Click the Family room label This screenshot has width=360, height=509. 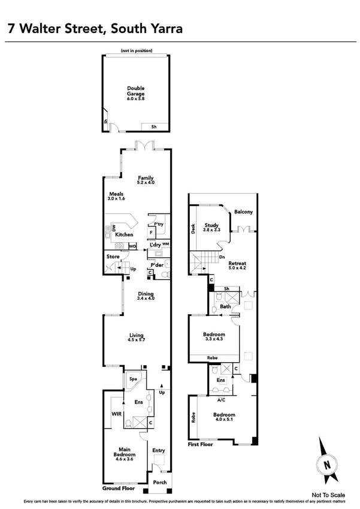(146, 178)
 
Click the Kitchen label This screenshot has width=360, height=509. (123, 234)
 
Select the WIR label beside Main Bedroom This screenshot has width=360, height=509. (116, 414)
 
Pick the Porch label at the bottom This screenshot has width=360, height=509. (160, 482)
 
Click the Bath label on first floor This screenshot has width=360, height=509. (225, 306)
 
